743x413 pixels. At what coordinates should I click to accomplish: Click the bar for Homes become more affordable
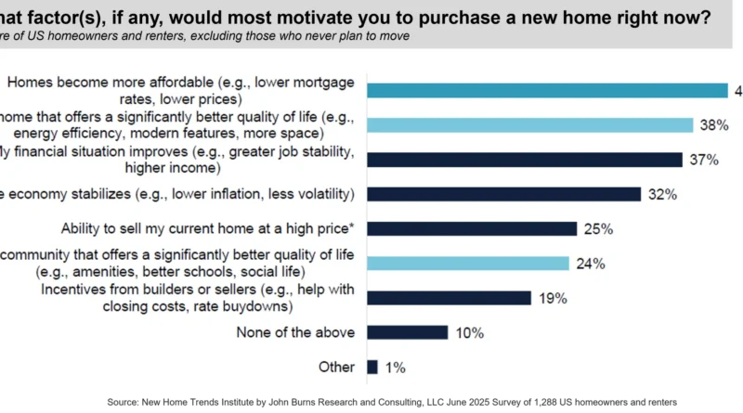547,90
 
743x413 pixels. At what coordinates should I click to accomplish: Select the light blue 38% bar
530,125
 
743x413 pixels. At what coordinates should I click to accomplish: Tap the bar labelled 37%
525,160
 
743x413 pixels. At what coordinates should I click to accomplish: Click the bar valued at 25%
472,228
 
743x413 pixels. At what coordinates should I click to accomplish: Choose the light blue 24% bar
468,264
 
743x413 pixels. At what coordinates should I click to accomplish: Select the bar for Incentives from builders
449,298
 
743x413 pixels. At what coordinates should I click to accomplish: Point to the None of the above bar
408,332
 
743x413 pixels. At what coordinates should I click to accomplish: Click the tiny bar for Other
372,367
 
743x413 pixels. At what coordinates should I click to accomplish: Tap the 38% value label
712,125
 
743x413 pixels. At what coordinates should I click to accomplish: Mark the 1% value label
395,367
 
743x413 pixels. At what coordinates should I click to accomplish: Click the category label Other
336,367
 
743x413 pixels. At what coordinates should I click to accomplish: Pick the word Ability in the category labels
83,228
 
